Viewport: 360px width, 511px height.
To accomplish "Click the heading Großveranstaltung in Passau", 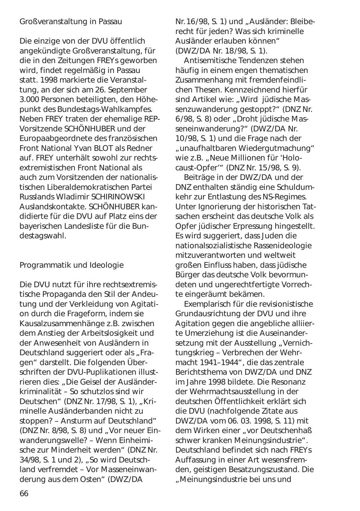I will [x=71, y=22].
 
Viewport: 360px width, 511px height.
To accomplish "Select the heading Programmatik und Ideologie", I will [x=72, y=265].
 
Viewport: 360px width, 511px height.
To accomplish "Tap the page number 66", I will [x=24, y=493].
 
